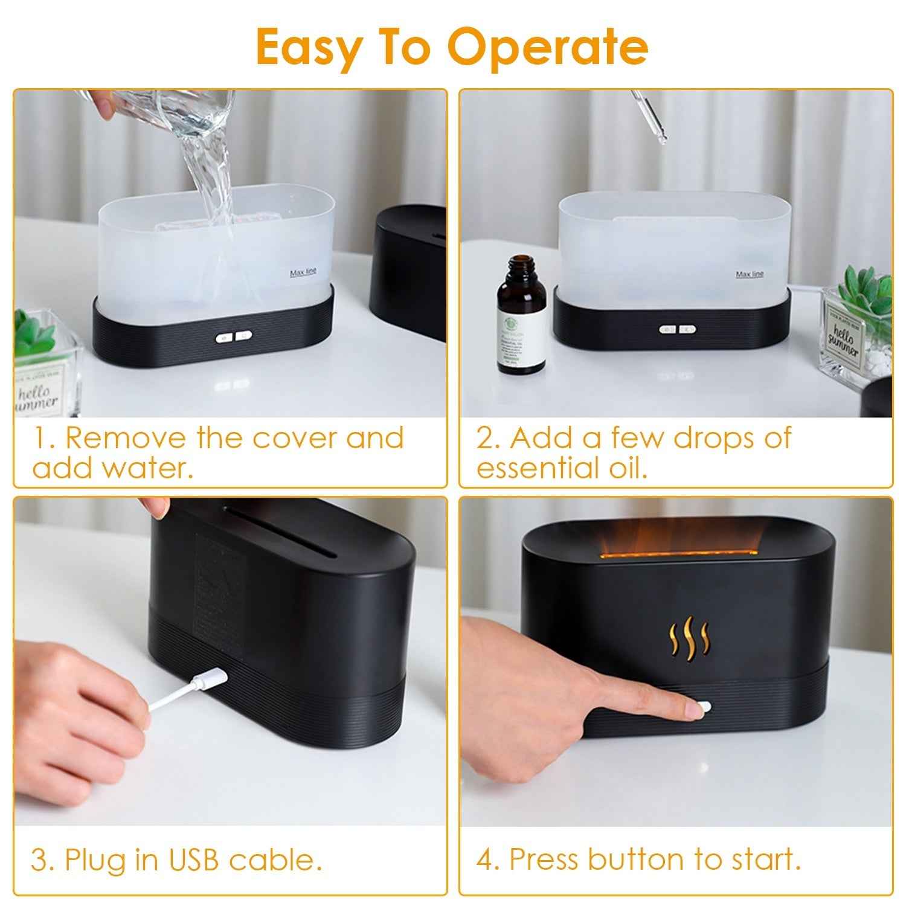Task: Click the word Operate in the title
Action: click(547, 47)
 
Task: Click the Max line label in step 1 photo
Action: click(303, 273)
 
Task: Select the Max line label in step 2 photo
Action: click(749, 275)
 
